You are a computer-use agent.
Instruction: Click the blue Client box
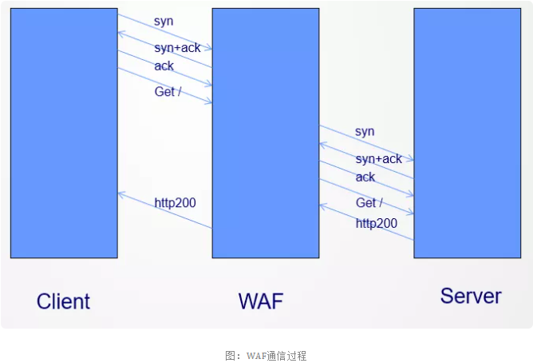[64, 133]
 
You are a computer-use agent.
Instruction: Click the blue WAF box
[265, 133]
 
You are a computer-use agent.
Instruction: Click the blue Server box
[466, 133]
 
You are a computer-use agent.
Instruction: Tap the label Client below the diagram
[63, 301]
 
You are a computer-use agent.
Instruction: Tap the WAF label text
[261, 301]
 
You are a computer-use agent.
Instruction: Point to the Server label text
[471, 296]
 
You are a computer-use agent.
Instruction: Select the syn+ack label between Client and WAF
[177, 48]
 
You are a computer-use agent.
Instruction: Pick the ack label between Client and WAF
[164, 66]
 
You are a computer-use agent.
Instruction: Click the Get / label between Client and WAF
[168, 92]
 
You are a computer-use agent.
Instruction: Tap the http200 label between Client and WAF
[175, 203]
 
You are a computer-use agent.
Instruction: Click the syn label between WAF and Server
[365, 131]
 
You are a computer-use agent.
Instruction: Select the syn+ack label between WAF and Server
[378, 159]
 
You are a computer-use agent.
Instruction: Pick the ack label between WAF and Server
[365, 177]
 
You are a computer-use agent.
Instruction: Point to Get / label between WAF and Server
[369, 203]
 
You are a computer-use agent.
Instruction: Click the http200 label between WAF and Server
[376, 223]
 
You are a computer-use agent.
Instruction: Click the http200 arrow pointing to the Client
[164, 210]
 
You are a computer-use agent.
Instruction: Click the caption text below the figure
[266, 355]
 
